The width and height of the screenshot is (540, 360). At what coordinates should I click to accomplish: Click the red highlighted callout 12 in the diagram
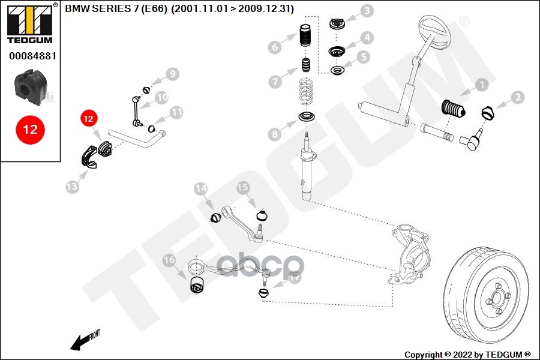pos(88,119)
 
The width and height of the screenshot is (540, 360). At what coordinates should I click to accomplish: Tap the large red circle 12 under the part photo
pos(30,130)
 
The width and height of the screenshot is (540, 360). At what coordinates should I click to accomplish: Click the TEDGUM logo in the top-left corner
pos(30,24)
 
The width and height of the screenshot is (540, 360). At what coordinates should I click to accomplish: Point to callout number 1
pos(481,85)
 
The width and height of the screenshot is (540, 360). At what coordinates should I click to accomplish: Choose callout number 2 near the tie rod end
pos(517,97)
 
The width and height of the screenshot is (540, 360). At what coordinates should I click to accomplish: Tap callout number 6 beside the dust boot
pos(275,47)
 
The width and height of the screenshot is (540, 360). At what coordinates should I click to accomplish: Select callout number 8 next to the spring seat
pos(275,134)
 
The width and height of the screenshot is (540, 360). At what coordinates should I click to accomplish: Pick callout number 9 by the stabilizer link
pos(173,74)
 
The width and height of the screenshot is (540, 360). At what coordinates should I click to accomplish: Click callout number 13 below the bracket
pos(72,187)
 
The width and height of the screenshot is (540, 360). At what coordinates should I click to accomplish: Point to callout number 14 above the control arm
pos(200,189)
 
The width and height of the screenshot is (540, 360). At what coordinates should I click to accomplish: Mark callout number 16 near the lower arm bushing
pos(169,260)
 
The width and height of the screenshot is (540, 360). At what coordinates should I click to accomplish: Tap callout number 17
pos(295,277)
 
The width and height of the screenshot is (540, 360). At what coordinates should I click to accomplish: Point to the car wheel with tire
pos(489,293)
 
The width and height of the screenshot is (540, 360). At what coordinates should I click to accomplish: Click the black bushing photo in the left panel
pos(29,88)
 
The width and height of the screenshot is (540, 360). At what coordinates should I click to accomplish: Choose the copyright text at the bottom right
pos(467,354)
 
